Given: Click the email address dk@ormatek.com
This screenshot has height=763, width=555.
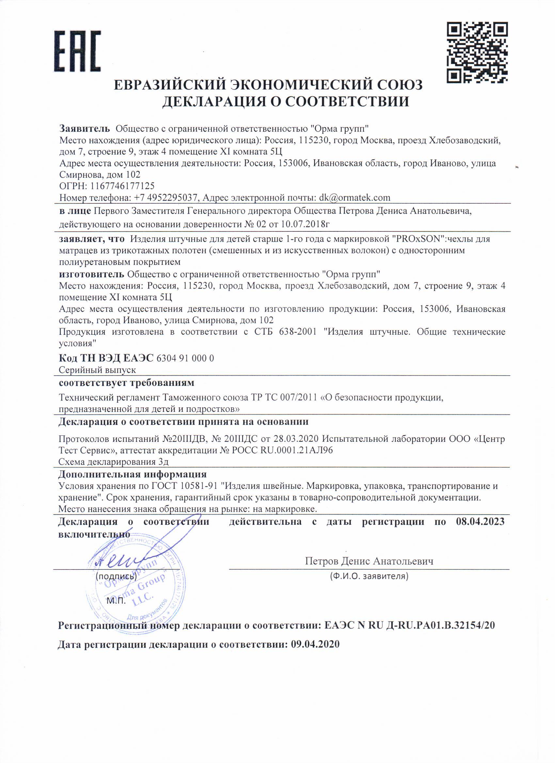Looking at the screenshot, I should pyautogui.click(x=355, y=197).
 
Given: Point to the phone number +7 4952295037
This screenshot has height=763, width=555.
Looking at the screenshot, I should pyautogui.click(x=165, y=197).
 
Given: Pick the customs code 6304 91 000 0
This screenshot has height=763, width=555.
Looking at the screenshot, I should pyautogui.click(x=185, y=358).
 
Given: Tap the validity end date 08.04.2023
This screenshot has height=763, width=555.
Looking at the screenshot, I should pyautogui.click(x=480, y=522).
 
